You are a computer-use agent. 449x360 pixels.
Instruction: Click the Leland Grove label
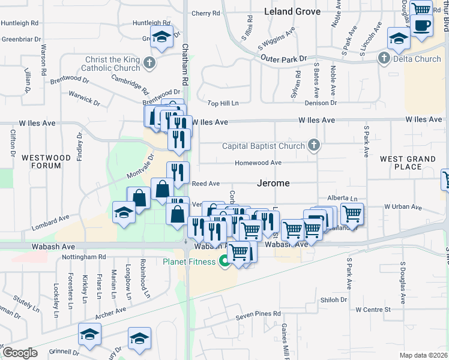tap(292, 11)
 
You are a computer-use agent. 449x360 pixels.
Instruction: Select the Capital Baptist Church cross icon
tap(313, 145)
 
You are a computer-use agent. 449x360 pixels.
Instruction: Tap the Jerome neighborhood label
tap(274, 183)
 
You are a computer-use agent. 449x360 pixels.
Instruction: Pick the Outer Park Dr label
tap(283, 58)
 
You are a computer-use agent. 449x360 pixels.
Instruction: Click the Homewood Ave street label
tap(258, 163)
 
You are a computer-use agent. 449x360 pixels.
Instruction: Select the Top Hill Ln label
tap(223, 103)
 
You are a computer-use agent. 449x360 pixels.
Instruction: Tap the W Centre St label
tap(373, 310)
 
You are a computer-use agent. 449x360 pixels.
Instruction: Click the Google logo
tap(20, 353)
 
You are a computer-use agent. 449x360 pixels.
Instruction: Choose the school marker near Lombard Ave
tap(124, 212)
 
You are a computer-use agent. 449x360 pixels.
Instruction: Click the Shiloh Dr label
tap(334, 299)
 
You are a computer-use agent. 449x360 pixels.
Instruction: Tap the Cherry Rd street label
tap(206, 13)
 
